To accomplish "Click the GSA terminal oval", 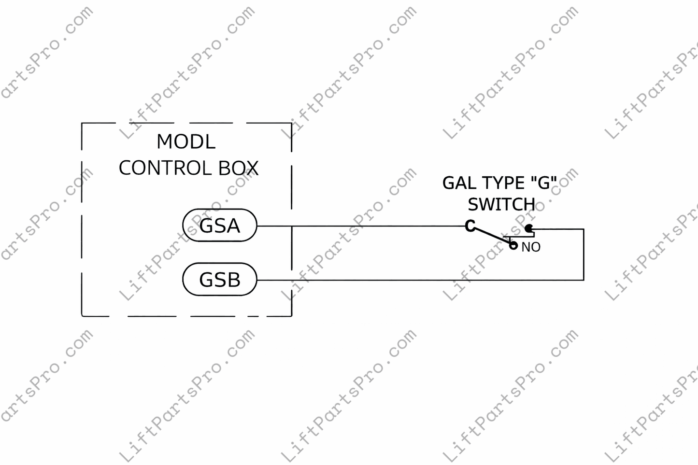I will pos(220,225).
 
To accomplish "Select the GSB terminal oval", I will pos(220,280).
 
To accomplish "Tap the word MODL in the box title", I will pos(186,142).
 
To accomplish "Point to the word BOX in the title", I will pos(238,168).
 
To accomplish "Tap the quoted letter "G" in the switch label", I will pos(543,183).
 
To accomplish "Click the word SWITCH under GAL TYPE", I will pos(501,205).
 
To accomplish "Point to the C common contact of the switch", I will pos(470,225).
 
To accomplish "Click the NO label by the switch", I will pos(531,247).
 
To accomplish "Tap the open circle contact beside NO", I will pos(513,245).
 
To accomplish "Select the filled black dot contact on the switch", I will pos(528,227).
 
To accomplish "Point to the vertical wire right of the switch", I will pos(584,255).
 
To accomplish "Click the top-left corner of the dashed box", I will pos(82,124).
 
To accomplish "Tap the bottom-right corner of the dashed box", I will pos(291,316).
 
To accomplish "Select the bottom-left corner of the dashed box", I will pos(82,316).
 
